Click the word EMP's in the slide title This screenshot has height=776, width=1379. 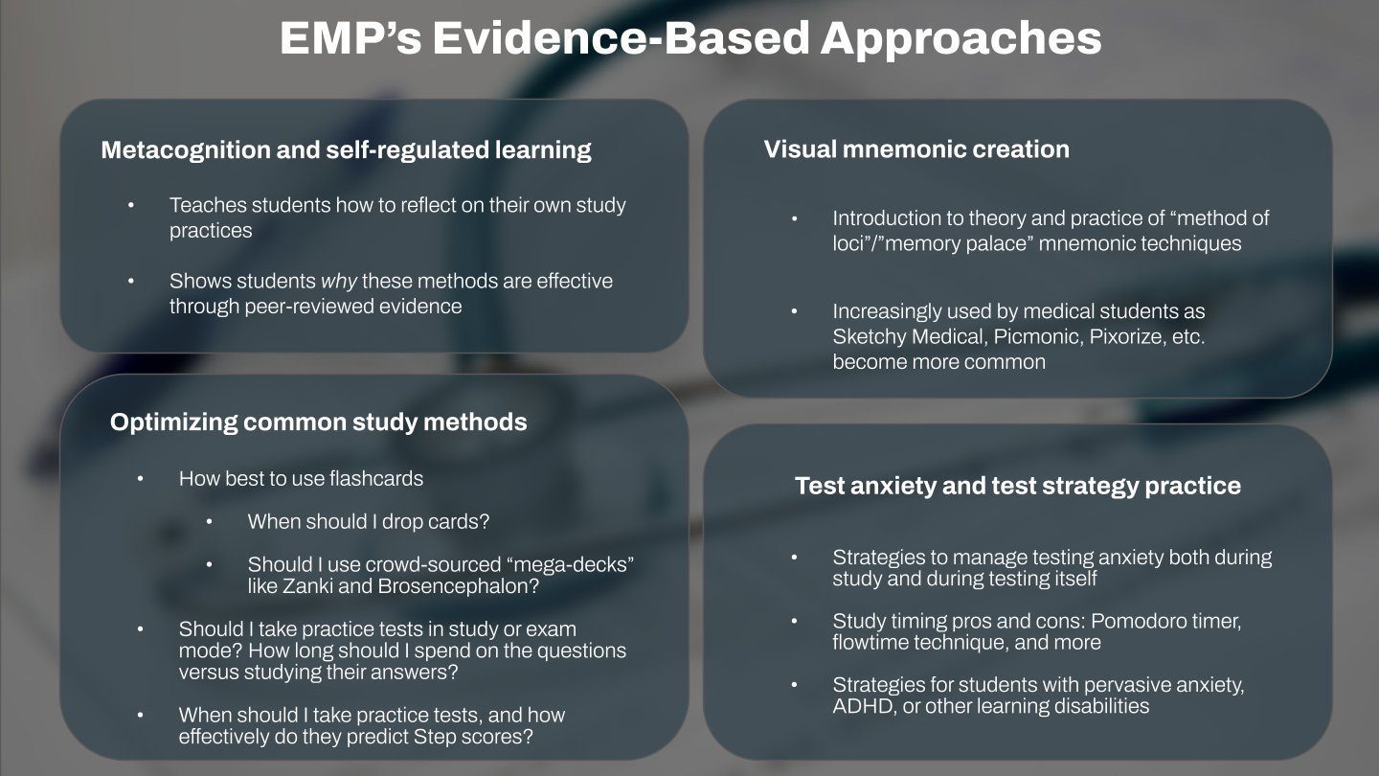click(x=350, y=38)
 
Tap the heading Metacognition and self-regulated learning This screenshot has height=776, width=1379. click(x=346, y=150)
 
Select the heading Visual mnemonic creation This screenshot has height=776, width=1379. click(x=916, y=149)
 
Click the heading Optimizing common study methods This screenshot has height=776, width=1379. click(x=318, y=422)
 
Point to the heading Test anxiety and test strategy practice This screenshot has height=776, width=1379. click(x=1018, y=486)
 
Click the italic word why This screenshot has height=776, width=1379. click(x=339, y=282)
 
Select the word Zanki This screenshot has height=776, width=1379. click(x=307, y=585)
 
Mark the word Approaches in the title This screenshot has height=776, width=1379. click(x=961, y=39)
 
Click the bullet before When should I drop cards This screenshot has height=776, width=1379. click(x=210, y=522)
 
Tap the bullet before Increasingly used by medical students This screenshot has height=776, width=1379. click(x=794, y=311)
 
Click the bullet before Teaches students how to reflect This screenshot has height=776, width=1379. click(x=131, y=205)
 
